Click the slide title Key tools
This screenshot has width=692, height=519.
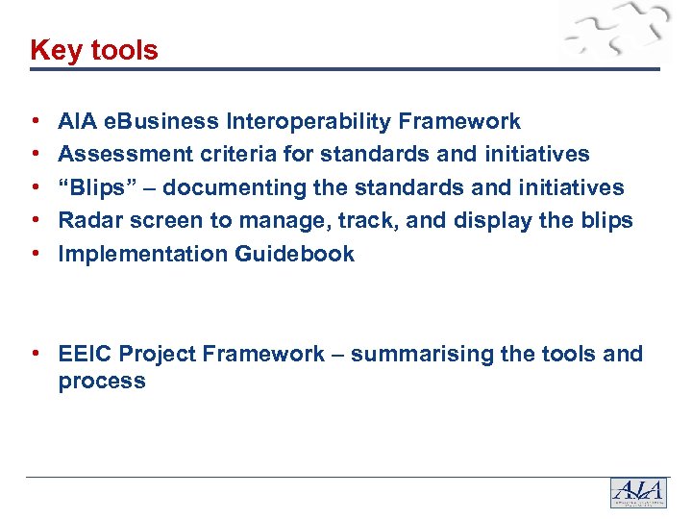(x=94, y=50)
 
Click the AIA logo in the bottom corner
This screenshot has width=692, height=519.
(x=637, y=492)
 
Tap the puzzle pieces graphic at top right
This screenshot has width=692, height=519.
(x=615, y=34)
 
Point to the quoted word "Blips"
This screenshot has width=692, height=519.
(x=94, y=187)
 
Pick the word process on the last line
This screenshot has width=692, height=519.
(x=102, y=382)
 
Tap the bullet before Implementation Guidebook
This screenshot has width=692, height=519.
(x=36, y=254)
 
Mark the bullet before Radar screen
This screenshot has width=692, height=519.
(x=36, y=220)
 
